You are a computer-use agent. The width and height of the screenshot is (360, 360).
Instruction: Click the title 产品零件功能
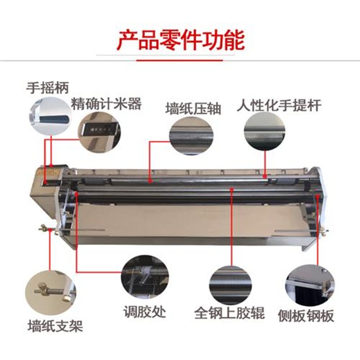tap(180, 40)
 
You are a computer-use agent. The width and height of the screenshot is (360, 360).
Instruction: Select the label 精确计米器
tap(107, 104)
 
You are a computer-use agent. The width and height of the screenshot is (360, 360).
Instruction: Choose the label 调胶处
tap(145, 311)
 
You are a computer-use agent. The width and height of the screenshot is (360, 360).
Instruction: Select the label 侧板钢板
tap(306, 315)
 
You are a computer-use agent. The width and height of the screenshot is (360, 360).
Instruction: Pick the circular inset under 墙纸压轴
tap(191, 134)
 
